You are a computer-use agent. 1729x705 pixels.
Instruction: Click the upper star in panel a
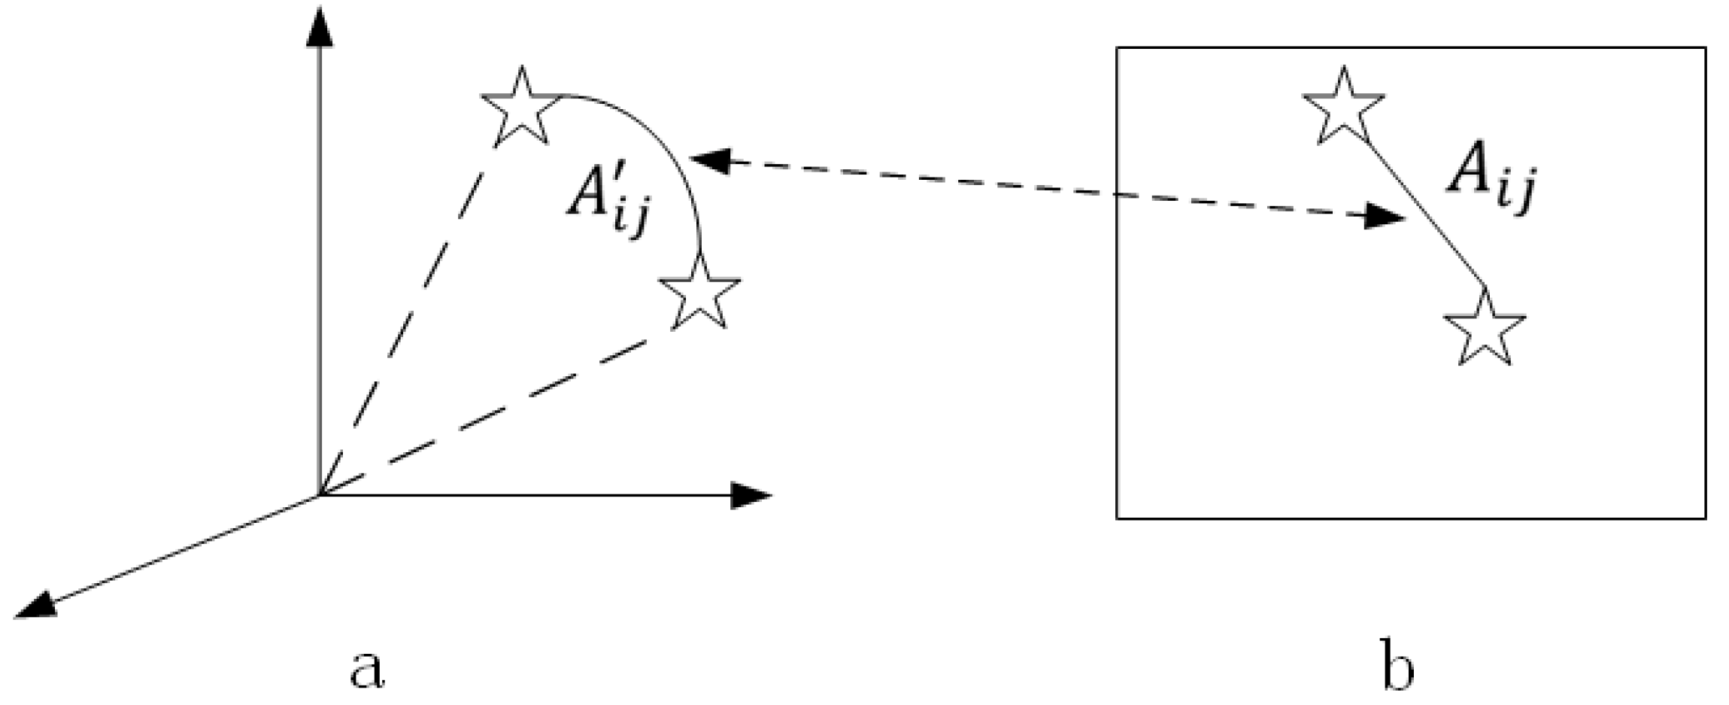521,109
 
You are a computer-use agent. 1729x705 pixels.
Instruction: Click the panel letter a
367,669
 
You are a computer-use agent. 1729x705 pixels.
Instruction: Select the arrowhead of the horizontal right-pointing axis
752,495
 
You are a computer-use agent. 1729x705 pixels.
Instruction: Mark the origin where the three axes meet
320,495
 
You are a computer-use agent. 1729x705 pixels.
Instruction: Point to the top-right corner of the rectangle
1705,48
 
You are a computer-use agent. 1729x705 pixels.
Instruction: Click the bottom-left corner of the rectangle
1117,518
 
